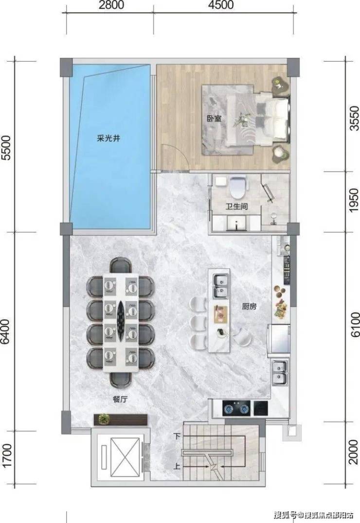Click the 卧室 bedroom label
click(214, 118)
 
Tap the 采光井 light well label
click(108, 138)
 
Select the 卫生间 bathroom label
click(236, 207)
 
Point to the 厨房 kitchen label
click(249, 306)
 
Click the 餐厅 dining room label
click(120, 399)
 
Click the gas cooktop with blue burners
click(236, 408)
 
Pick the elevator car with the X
click(125, 457)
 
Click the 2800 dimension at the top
click(111, 5)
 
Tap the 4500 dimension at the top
click(220, 5)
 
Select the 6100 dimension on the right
click(355, 324)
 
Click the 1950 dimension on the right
click(355, 200)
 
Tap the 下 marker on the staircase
click(177, 436)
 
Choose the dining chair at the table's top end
click(121, 266)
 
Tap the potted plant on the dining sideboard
click(105, 418)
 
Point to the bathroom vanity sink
click(236, 223)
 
